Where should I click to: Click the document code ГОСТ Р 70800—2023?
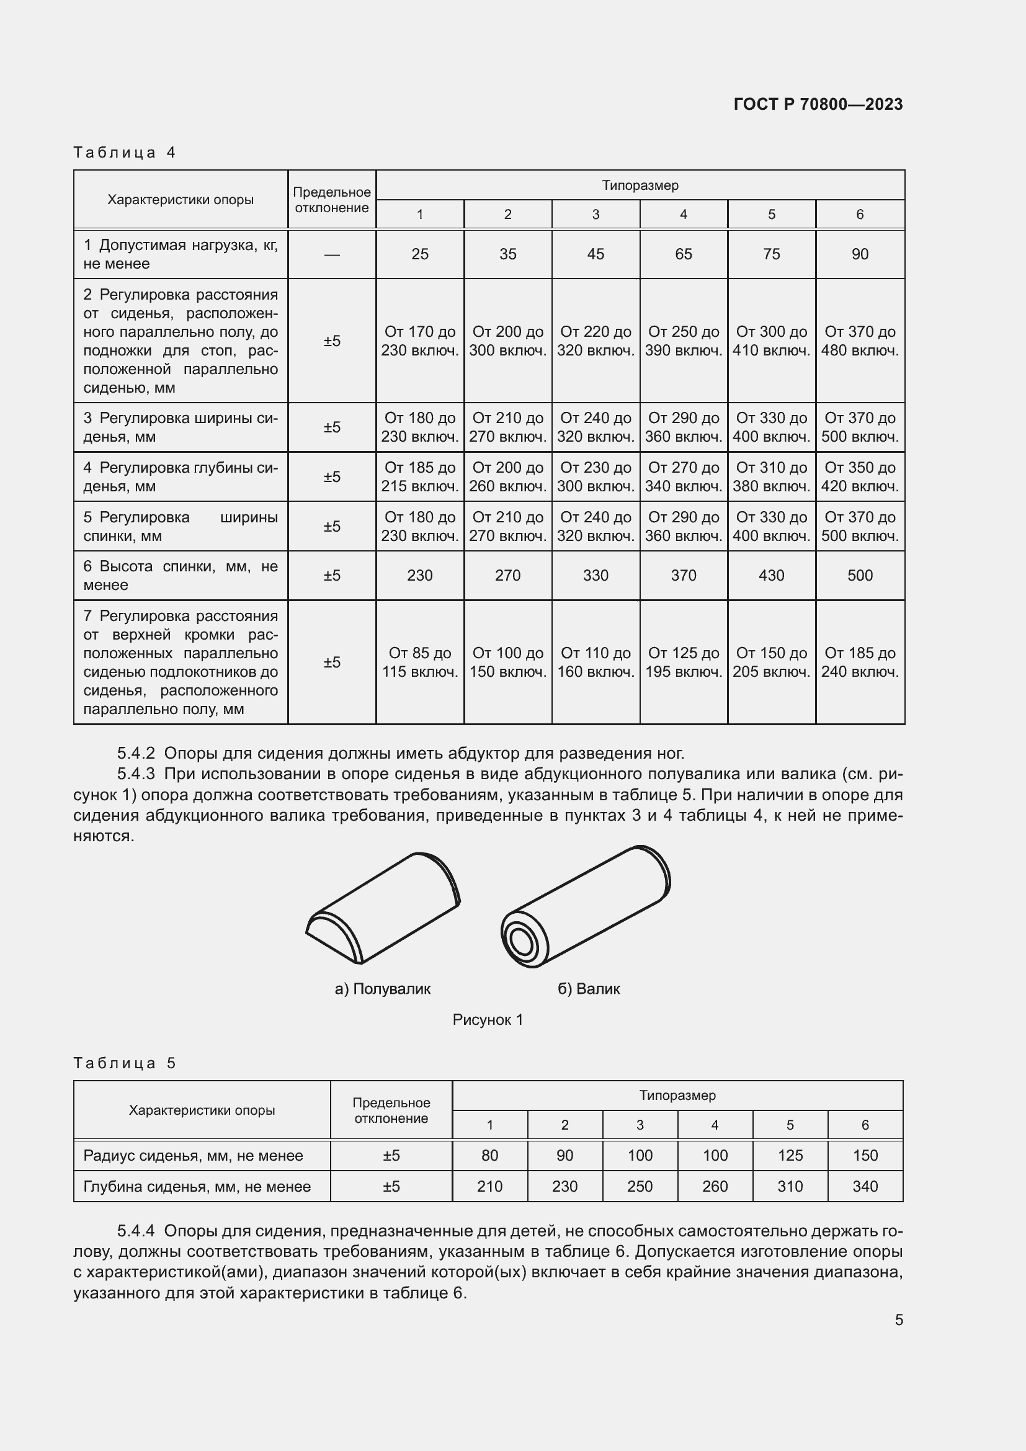(818, 104)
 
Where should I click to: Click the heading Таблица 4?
(125, 153)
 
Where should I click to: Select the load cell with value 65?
(683, 254)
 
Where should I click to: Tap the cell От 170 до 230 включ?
(419, 341)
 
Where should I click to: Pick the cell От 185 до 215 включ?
(419, 476)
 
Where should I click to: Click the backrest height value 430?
(771, 575)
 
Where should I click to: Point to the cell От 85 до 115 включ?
(419, 662)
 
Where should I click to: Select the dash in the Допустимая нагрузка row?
(332, 254)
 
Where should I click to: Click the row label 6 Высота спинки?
(180, 575)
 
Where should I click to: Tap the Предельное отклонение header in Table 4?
(332, 200)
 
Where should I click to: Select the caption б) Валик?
(588, 988)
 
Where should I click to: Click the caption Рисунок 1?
(488, 1019)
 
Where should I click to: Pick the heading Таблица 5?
(125, 1063)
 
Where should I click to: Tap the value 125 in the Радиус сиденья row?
(790, 1155)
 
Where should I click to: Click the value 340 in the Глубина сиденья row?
(864, 1186)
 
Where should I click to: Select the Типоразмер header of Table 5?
(677, 1095)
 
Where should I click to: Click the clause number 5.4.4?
(136, 1230)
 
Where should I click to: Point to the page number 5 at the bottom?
(898, 1319)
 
